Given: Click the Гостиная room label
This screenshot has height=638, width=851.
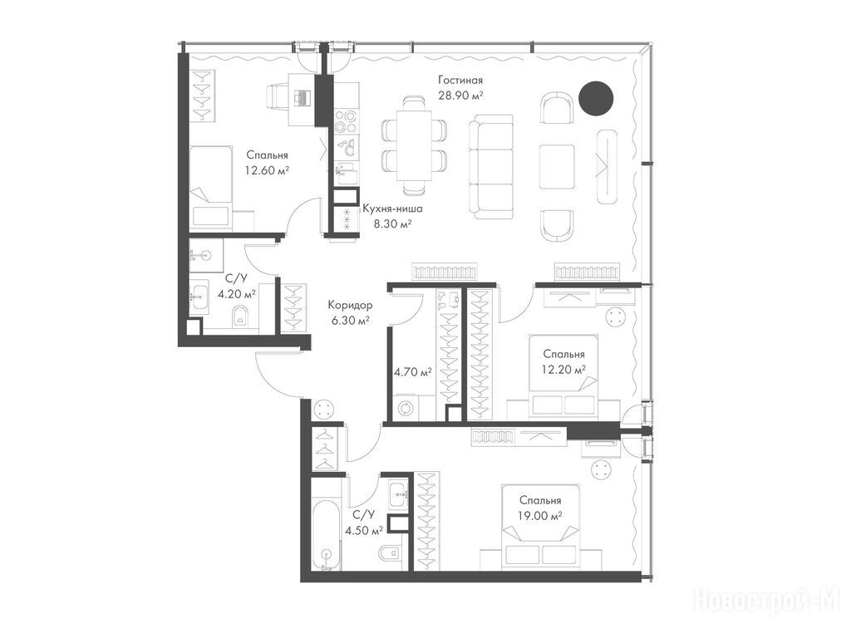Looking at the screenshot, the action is [x=460, y=81].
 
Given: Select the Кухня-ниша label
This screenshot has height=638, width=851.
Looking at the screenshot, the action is [x=392, y=209].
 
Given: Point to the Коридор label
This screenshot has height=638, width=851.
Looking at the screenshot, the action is [x=350, y=306].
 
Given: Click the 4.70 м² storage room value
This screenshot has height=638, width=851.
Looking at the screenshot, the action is [x=412, y=372].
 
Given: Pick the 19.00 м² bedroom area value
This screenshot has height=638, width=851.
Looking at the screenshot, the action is [x=539, y=515].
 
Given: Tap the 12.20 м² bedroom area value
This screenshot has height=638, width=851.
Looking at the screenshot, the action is [x=564, y=370].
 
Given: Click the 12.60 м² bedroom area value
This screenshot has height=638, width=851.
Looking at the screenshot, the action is [x=267, y=170].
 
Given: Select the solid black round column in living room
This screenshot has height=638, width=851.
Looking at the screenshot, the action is [x=595, y=98].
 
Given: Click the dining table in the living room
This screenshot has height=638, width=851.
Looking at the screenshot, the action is [x=414, y=145].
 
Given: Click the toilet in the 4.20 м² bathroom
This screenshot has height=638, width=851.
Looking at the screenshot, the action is [x=240, y=317].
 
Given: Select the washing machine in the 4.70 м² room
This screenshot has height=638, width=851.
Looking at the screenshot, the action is [x=406, y=408].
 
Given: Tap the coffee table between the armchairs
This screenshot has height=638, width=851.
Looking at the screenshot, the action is [x=557, y=166].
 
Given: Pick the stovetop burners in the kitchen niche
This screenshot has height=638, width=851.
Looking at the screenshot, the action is [x=346, y=121].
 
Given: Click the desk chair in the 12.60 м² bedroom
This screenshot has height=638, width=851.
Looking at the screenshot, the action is [x=277, y=97].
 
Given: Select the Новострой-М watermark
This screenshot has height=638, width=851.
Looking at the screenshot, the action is [x=767, y=601].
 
